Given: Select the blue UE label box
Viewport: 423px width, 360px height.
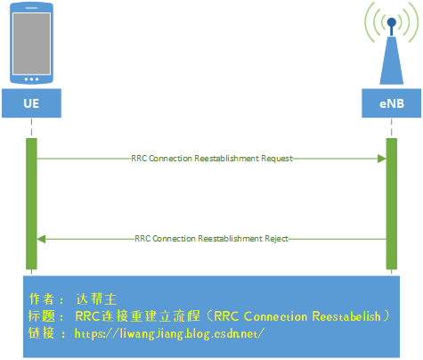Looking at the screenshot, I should (x=31, y=104).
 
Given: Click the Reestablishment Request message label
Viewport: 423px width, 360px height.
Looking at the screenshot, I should (x=211, y=159).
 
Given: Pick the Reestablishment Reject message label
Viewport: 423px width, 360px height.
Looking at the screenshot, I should (x=211, y=239).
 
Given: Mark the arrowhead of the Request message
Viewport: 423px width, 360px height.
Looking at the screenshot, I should (x=381, y=159).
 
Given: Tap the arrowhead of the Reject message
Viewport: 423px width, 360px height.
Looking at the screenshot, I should (x=41, y=239).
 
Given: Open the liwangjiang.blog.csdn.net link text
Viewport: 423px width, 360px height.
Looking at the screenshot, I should (x=169, y=333).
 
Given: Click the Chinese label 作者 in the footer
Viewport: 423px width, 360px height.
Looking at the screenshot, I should (x=41, y=299).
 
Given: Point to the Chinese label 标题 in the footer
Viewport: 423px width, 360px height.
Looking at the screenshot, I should (x=41, y=316).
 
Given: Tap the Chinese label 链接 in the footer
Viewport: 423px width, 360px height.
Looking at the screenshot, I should (x=41, y=333).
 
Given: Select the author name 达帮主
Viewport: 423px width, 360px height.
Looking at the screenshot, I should (x=97, y=299).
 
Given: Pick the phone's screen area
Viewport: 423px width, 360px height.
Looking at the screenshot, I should (x=31, y=43).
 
